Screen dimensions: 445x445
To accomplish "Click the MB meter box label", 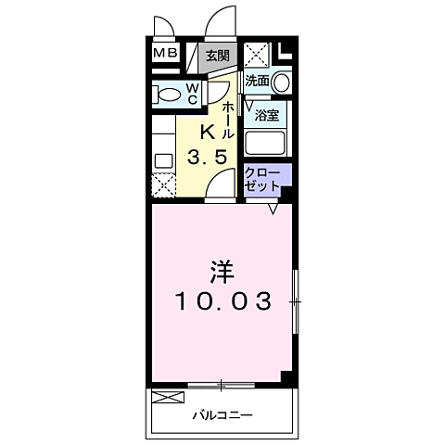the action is [166, 53].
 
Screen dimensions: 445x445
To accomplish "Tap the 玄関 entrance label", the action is [218, 56].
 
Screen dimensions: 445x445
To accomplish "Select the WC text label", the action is [192, 94].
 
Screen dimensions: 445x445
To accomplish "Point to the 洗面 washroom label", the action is [257, 81].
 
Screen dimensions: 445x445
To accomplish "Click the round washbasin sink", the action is [282, 83].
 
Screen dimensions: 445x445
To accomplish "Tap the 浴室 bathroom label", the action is [267, 115].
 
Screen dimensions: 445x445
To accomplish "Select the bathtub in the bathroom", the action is [265, 143].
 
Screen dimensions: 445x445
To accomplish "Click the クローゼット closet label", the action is [262, 180].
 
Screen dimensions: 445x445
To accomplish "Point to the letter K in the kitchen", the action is [208, 133].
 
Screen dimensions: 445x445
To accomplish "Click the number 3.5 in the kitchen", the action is [208, 157].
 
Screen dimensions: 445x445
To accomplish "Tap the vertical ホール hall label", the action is [228, 121].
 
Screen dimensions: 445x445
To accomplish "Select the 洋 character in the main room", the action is [222, 272].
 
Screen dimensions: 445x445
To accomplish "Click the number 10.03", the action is [223, 301].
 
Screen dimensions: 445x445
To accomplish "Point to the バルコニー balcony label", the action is [222, 414].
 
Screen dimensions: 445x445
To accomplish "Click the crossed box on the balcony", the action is [168, 398].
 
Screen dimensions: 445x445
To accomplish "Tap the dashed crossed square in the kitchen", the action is [164, 185].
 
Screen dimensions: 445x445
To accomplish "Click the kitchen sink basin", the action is [164, 161].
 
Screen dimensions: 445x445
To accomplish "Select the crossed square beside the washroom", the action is [257, 55].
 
